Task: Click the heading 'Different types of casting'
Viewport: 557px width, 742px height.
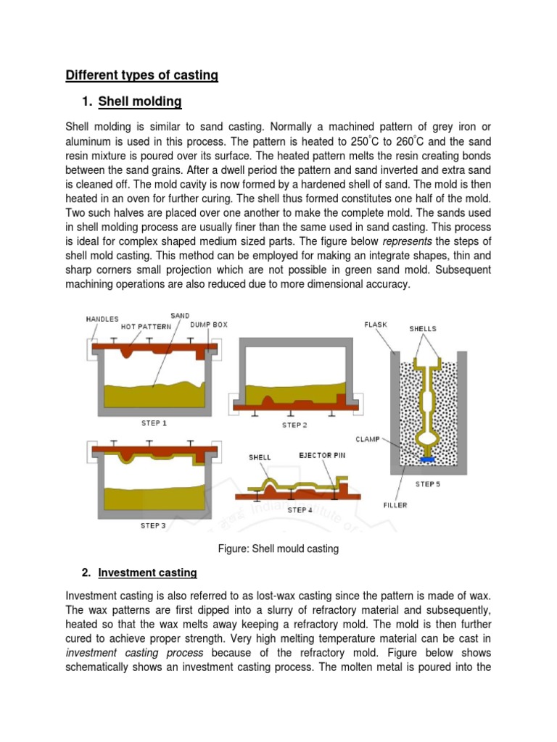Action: tap(141, 75)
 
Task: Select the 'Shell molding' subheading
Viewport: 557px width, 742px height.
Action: tap(140, 101)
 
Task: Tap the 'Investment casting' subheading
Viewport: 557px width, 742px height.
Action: tap(147, 572)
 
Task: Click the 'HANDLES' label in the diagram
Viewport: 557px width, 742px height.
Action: tap(102, 319)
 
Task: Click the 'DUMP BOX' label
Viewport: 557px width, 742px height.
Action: tap(209, 325)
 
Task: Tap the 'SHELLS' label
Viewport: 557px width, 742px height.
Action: tap(423, 328)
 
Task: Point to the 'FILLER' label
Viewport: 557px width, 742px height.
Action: tap(395, 504)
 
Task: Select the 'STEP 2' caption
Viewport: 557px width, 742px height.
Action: tap(294, 425)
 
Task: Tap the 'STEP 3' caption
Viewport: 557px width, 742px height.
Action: tap(153, 525)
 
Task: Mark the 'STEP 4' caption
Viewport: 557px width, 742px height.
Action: tap(301, 510)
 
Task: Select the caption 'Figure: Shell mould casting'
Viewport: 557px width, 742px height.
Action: tap(278, 549)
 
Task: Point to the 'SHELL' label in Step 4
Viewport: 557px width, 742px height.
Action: tap(260, 457)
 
